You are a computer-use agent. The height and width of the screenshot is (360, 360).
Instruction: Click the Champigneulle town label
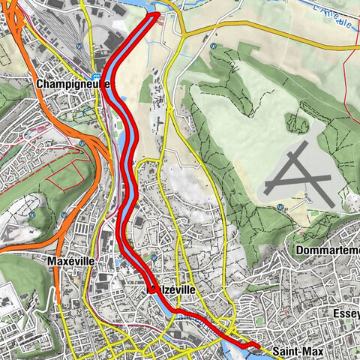[x=71, y=85]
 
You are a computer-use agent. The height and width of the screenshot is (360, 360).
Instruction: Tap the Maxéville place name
[x=68, y=261]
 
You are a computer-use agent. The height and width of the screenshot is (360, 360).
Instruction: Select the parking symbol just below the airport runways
[x=279, y=207]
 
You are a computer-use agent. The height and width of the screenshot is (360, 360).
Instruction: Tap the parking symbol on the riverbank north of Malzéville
[x=153, y=257]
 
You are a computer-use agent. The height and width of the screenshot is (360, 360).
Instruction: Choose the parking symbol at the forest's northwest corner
[x=214, y=46]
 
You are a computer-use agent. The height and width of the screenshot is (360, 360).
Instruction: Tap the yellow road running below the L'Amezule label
[x=285, y=31]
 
